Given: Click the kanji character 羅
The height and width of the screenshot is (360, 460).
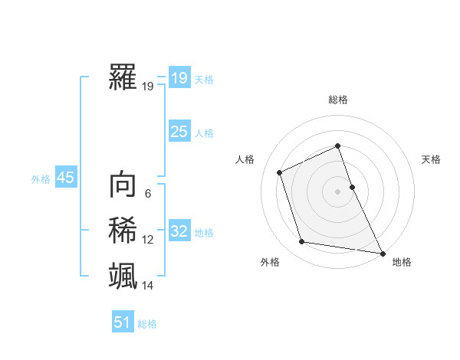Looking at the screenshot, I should coord(123,78).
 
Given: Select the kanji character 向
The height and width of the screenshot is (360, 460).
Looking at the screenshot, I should coord(123,185).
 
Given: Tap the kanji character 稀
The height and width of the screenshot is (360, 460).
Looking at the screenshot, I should coord(123,231).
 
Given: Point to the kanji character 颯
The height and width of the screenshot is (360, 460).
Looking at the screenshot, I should coord(123,275).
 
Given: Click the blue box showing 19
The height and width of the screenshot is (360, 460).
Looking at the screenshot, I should coord(179,77).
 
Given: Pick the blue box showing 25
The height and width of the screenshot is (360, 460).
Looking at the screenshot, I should coord(179,131).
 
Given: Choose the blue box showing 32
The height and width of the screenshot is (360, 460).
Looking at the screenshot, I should coord(179,231).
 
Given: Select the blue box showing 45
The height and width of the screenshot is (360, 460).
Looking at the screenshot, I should coord(65,178).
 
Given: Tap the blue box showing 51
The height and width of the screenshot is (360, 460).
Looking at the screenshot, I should coord(123,322).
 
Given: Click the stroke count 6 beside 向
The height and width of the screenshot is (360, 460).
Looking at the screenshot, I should coord(148,195).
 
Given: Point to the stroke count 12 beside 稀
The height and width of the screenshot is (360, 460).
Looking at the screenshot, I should coord(148,240).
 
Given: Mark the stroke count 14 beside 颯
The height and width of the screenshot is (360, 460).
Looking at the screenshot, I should coord(148,286).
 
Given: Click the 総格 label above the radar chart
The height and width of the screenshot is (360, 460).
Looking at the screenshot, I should coord(338,100).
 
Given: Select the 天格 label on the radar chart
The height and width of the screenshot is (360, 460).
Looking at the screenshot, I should coord(431,159).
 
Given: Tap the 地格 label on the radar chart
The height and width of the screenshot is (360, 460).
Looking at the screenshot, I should coord(402,262).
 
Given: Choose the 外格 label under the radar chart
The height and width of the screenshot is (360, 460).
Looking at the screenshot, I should coord(270,262).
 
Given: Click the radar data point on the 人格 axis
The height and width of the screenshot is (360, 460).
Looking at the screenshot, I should coord(280,172).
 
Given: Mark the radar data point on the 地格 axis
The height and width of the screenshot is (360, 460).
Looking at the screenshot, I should coord(382,253).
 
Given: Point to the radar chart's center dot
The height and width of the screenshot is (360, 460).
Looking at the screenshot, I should coord(338,191).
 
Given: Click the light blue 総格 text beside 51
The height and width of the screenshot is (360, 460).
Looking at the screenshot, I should coord(147,324).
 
